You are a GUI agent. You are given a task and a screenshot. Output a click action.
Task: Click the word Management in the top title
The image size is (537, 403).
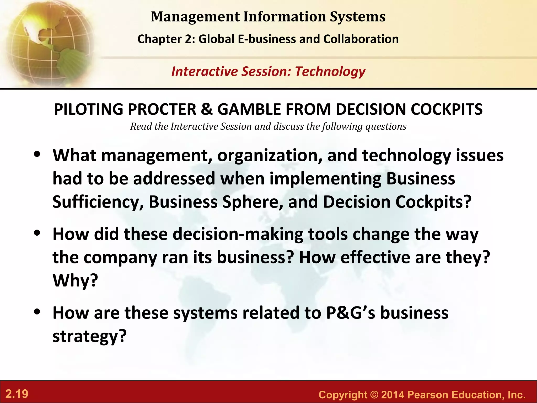coord(195,17)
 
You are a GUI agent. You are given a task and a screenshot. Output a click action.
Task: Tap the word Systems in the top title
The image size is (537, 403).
coord(358,17)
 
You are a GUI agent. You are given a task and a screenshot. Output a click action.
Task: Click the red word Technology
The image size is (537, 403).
coord(330,71)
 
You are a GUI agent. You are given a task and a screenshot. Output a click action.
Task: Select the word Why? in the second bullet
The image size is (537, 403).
coord(75,281)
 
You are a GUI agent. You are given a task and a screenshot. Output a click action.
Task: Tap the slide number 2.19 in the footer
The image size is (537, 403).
coord(17,394)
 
